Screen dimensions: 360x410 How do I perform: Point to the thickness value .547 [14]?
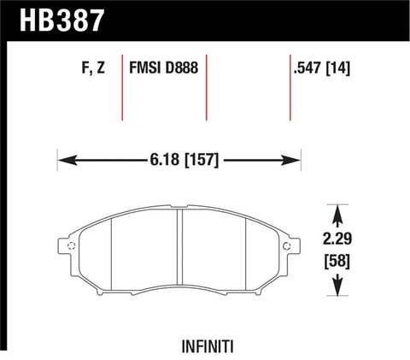321,68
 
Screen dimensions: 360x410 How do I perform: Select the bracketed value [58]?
339,259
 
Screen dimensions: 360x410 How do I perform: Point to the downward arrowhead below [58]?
339,292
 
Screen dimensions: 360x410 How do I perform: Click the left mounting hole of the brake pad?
71,248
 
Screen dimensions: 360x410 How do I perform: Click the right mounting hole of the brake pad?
290,248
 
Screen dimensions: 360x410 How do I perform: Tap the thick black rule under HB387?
205,38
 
